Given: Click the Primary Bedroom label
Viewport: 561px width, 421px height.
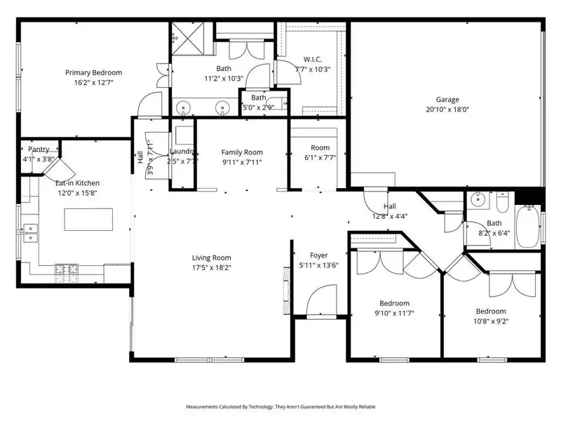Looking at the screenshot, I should (93, 72).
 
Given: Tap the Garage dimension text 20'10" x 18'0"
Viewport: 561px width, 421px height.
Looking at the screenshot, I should (447, 109).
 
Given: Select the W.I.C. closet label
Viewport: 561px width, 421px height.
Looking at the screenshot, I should (312, 58).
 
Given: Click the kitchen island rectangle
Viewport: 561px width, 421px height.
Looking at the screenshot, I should (88, 220).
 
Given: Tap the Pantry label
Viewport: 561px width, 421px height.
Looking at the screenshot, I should (39, 149).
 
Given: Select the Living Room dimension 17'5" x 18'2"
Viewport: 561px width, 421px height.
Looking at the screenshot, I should (211, 267).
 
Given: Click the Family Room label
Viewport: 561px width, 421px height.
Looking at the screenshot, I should (242, 152).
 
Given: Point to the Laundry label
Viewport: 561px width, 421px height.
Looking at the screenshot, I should (182, 152).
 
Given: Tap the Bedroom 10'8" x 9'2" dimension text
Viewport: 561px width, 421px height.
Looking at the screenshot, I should (490, 321).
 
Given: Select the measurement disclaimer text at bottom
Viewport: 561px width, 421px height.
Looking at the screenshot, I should (280, 407).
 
